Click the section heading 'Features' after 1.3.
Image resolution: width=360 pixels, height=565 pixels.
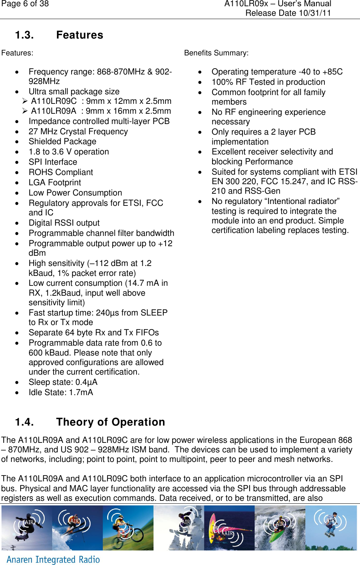pyautogui.click(x=80, y=35)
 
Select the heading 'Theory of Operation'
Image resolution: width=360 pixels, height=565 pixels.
pyautogui.click(x=110, y=422)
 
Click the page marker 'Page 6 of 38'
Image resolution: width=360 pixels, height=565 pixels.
pyautogui.click(x=25, y=4)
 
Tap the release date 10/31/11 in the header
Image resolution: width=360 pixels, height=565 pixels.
pyautogui.click(x=314, y=13)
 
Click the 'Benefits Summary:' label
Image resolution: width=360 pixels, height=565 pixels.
pyautogui.click(x=216, y=53)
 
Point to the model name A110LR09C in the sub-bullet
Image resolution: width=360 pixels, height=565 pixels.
pyautogui.click(x=54, y=101)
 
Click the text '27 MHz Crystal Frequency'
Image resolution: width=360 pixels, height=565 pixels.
pyautogui.click(x=78, y=132)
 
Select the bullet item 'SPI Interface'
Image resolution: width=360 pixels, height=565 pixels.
pyautogui.click(x=53, y=162)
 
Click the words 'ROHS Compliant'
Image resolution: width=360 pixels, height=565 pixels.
pyautogui.click(x=61, y=172)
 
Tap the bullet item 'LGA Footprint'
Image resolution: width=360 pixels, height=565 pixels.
pyautogui.click(x=55, y=183)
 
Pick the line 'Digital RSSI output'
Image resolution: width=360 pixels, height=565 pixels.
pyautogui.click(x=64, y=223)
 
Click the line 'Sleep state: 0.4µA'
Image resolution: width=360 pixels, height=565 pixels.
pyautogui.click(x=63, y=382)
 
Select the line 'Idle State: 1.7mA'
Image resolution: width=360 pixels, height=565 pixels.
pyautogui.click(x=61, y=393)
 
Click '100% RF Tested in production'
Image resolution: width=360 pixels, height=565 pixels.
pyautogui.click(x=268, y=82)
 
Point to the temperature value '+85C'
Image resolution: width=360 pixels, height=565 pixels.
pyautogui.click(x=332, y=72)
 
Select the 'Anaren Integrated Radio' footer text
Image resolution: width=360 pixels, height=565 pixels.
pyautogui.click(x=53, y=559)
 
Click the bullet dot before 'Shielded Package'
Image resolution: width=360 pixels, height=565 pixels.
pyautogui.click(x=17, y=142)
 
